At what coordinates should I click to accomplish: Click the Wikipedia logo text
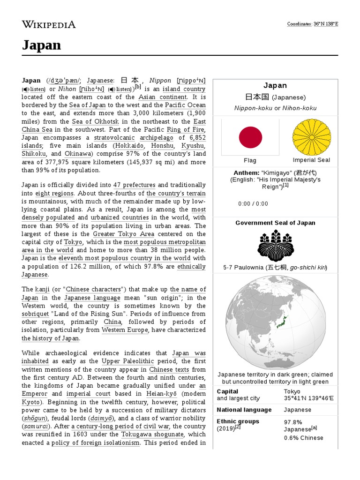48,24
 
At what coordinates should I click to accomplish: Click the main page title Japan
41,45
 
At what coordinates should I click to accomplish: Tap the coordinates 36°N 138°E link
325,24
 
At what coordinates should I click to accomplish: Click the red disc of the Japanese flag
250,137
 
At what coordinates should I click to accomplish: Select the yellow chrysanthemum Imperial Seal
311,137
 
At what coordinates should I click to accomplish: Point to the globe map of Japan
275,322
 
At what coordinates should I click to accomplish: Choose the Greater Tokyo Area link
123,234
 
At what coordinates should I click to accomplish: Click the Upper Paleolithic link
127,361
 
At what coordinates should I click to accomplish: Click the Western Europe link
125,330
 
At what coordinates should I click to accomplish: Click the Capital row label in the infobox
227,391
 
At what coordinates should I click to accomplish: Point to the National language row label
244,410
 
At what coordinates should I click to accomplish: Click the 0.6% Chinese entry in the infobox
303,438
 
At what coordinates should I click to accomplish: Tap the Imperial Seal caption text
311,160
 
